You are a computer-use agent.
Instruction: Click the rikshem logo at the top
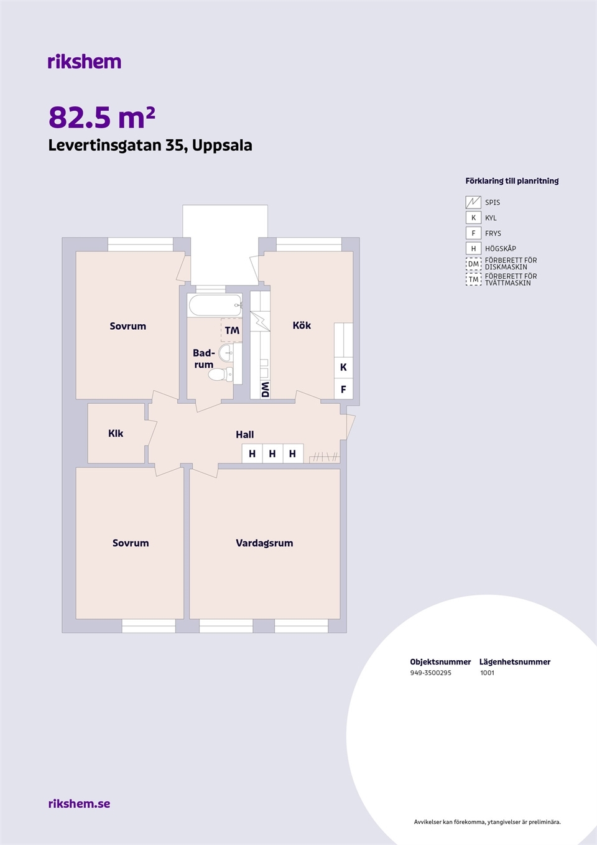tap(85, 62)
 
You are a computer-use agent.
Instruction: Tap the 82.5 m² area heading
tap(102, 118)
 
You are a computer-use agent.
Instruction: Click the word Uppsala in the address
tap(222, 146)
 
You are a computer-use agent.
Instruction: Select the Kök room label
tap(302, 325)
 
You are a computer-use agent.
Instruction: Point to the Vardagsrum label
tap(264, 543)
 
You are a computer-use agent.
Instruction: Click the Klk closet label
tap(116, 434)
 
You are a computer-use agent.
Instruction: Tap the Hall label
tap(244, 434)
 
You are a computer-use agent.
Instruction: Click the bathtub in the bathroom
tap(215, 305)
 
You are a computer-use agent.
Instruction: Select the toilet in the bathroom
tap(221, 375)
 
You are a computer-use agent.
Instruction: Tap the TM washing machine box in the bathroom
tap(231, 330)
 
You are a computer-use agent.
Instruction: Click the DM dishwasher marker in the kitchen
tap(266, 390)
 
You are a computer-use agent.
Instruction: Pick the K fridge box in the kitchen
tap(343, 367)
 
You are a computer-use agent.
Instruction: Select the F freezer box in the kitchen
tap(343, 389)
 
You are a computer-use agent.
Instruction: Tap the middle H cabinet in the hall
tap(272, 454)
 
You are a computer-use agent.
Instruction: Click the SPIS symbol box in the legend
tap(473, 202)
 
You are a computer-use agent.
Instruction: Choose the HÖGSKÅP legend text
tap(501, 249)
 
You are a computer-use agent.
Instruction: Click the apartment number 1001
tap(487, 673)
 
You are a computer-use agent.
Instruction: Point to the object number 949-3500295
tap(430, 673)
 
